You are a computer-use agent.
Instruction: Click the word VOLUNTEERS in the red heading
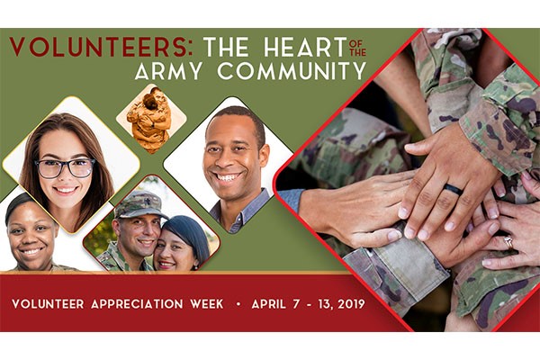point(97,47)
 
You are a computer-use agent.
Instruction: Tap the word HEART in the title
point(305,47)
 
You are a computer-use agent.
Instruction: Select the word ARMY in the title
point(168,70)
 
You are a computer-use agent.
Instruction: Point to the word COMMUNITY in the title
point(292,70)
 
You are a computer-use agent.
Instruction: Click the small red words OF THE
point(357,48)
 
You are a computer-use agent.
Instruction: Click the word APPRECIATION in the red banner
point(137,304)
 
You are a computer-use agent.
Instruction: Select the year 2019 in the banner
point(351,304)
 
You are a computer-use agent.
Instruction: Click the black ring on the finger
point(453,189)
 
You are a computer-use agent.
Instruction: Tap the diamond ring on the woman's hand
point(508,242)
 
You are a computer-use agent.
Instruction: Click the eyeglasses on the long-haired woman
point(65,167)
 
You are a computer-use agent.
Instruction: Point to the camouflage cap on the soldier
point(139,204)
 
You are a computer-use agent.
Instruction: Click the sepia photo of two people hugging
point(151,118)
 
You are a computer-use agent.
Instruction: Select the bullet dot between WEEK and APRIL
point(238,304)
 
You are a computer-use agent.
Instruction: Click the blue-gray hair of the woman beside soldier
point(189,233)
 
